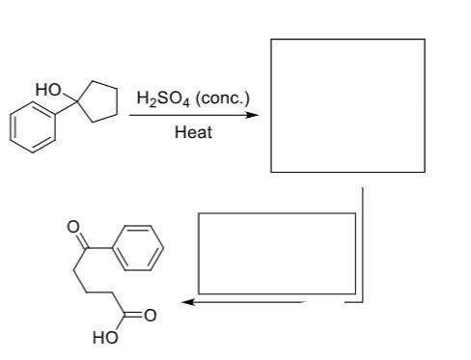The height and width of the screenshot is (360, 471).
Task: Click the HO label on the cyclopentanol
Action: pyautogui.click(x=46, y=90)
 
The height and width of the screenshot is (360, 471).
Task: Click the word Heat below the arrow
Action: pyautogui.click(x=193, y=131)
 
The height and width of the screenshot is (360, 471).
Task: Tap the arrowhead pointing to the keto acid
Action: pyautogui.click(x=191, y=302)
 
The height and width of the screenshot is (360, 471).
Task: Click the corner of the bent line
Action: pyautogui.click(x=362, y=302)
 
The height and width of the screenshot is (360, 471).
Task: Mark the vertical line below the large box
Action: pyautogui.click(x=362, y=241)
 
